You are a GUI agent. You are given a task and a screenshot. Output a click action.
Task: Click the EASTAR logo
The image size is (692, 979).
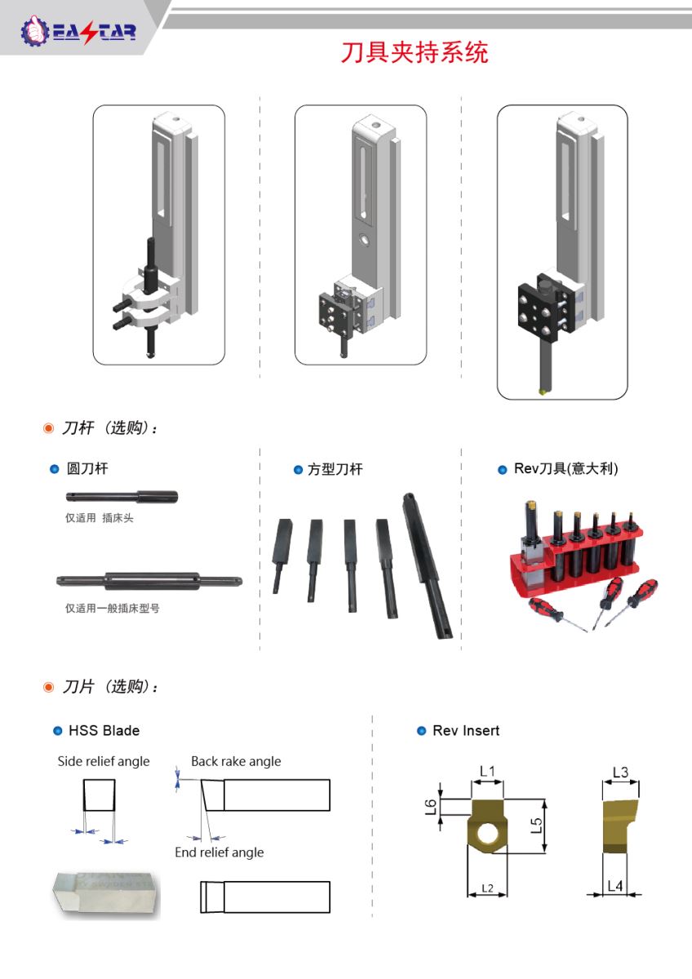tap(78, 32)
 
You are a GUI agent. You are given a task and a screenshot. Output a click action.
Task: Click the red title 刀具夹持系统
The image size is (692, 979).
tap(415, 53)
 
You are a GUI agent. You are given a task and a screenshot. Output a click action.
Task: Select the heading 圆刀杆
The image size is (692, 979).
tap(87, 468)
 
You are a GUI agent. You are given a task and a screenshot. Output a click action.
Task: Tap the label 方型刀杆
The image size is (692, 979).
tap(335, 469)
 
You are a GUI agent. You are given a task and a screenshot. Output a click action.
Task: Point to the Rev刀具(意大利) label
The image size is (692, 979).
tap(566, 468)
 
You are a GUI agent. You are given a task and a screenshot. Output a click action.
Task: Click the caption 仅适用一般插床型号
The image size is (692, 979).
tap(113, 608)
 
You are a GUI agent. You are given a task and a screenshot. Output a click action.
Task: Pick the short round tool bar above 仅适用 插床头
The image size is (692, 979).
tap(122, 497)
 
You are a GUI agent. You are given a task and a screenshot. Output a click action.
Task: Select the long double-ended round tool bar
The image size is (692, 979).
tap(149, 581)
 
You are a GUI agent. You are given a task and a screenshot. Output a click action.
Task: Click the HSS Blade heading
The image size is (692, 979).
tap(104, 730)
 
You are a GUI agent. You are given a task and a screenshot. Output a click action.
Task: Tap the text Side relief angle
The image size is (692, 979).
tap(104, 761)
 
